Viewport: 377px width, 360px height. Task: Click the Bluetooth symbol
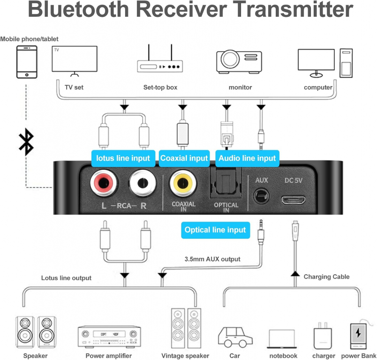point(26,142)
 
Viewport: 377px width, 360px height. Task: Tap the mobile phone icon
point(27,62)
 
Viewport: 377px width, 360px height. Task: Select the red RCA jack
point(103,183)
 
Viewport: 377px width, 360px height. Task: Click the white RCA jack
point(143,183)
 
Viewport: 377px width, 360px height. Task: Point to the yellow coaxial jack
point(183,183)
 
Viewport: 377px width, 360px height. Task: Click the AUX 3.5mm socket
point(261,196)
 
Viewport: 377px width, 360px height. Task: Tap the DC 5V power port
point(294,200)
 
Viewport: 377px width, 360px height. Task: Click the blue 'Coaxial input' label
point(184,158)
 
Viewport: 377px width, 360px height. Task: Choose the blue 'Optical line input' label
point(215,230)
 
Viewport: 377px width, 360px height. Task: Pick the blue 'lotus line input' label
point(123,158)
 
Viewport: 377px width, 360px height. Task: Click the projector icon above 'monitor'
point(239,62)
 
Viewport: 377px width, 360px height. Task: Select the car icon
point(235,337)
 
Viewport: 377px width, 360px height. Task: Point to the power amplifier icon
point(109,336)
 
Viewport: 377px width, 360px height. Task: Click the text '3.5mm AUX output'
point(212,259)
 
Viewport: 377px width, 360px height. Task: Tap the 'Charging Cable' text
point(326,277)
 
